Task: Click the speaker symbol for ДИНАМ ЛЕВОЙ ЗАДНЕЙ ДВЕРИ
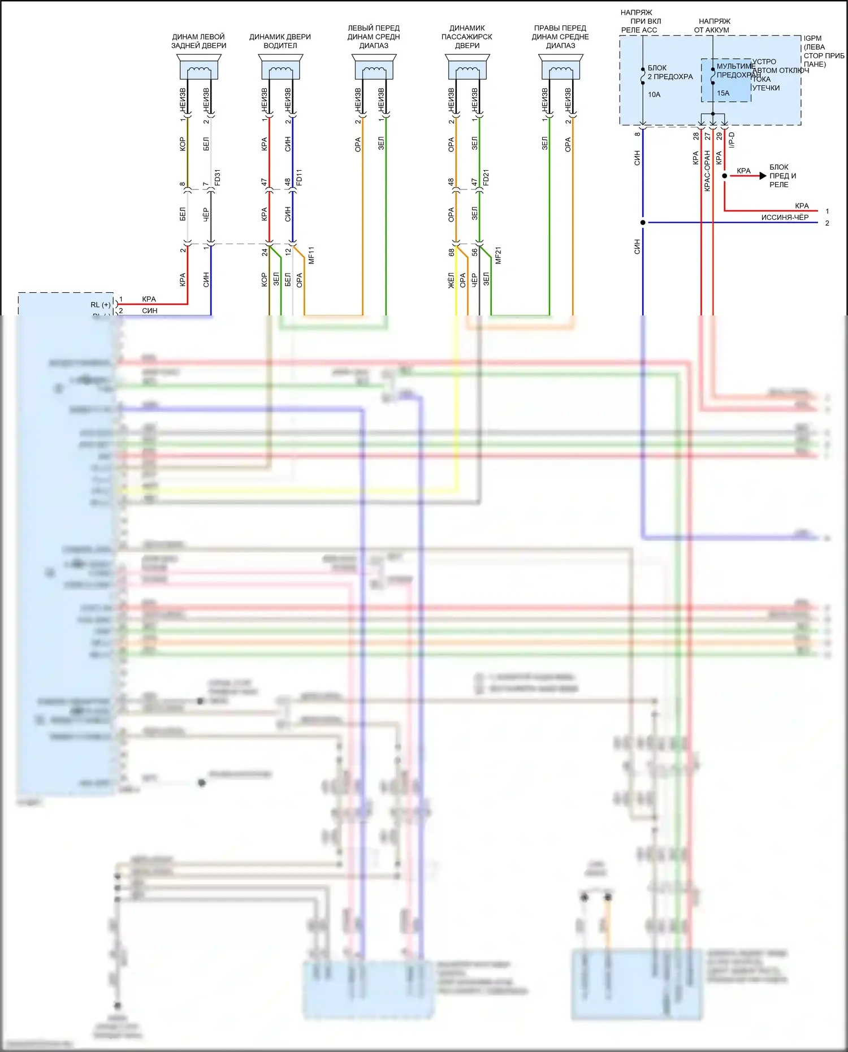[199, 67]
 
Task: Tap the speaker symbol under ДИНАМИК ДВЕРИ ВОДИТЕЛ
[280, 67]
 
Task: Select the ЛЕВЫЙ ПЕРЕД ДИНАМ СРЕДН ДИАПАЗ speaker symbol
[374, 67]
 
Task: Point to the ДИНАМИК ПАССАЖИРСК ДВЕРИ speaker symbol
[467, 67]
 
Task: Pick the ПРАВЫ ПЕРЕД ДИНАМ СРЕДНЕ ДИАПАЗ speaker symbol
[560, 67]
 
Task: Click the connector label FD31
[218, 178]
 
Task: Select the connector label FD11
[299, 178]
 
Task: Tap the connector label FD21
[486, 178]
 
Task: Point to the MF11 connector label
[311, 256]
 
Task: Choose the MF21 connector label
[498, 256]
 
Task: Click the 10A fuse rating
[654, 94]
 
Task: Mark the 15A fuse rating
[723, 93]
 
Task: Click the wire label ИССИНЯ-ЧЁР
[785, 217]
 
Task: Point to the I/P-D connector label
[732, 140]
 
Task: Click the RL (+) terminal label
[101, 305]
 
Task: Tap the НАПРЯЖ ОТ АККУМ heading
[713, 25]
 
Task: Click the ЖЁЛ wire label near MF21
[451, 280]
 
